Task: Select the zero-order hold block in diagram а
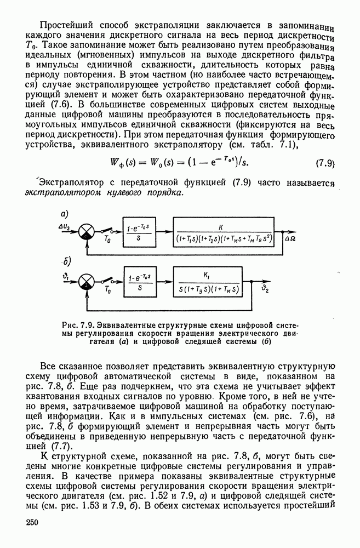coord(139,232)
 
